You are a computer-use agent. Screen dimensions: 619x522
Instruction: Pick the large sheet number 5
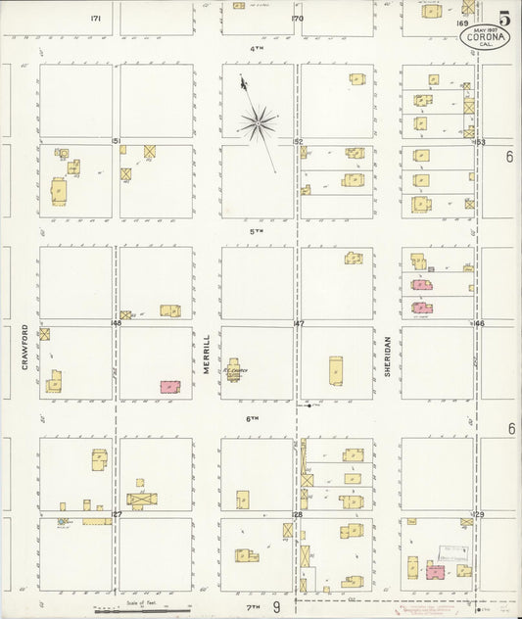tap(503, 18)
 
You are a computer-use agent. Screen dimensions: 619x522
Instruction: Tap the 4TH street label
tap(257, 47)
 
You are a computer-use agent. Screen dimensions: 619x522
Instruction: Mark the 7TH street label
tap(253, 608)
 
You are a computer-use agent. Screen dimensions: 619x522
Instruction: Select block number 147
tap(299, 322)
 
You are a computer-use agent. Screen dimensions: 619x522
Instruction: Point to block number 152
tap(299, 141)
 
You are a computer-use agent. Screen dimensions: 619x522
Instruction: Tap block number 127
tap(116, 513)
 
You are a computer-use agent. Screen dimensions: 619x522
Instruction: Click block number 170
tap(298, 18)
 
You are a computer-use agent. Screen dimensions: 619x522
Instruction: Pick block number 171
tap(96, 18)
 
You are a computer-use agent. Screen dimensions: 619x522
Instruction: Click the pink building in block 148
tap(169, 387)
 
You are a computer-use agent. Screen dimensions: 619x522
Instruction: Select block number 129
tap(479, 513)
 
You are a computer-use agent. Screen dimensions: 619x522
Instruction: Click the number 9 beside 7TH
tap(277, 608)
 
